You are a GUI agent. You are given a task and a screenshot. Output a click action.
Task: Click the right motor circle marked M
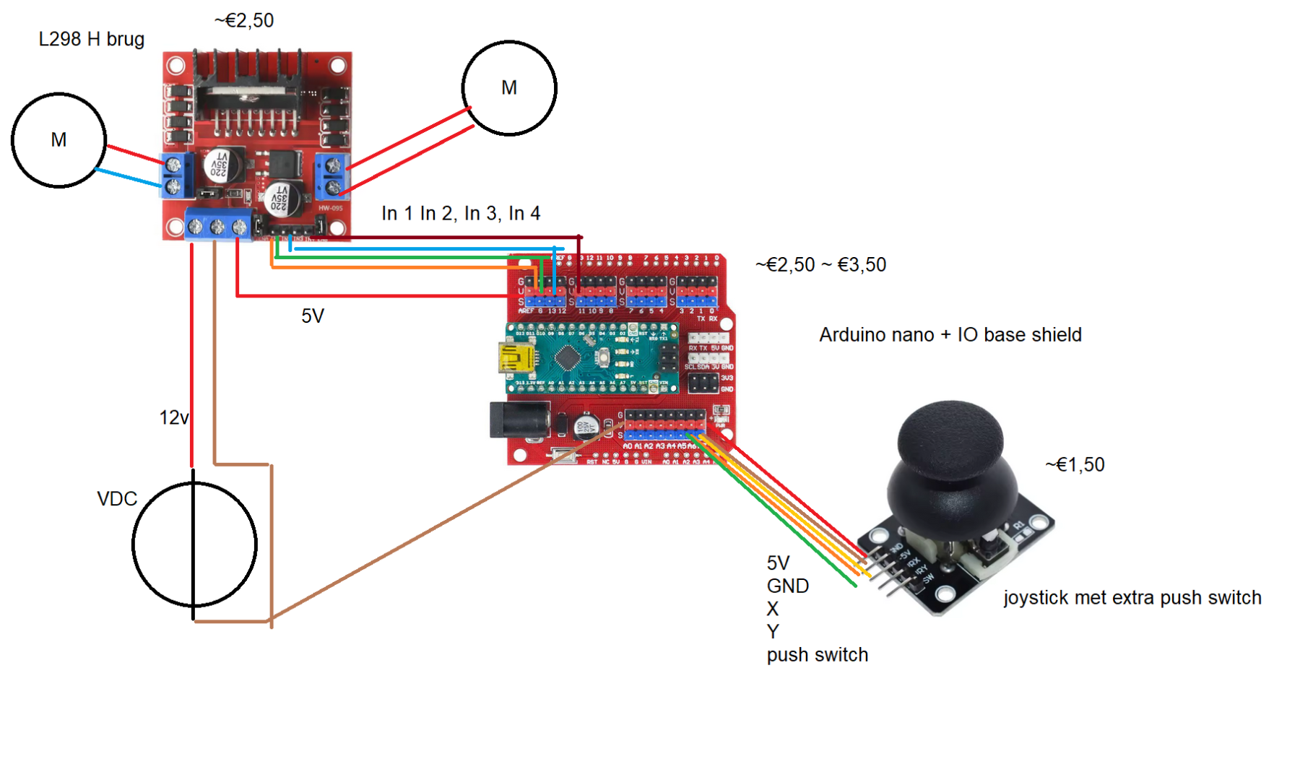tap(509, 88)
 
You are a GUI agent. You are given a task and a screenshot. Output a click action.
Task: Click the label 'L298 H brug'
tap(92, 39)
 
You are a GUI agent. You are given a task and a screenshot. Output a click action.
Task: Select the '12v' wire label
tap(174, 417)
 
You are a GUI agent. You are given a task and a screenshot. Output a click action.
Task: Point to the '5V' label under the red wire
tap(313, 316)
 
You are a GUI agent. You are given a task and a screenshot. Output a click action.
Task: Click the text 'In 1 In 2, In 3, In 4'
tap(461, 213)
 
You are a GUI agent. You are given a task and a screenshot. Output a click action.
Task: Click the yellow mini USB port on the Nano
tap(516, 357)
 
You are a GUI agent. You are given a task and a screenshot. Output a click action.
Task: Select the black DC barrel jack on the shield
tap(519, 420)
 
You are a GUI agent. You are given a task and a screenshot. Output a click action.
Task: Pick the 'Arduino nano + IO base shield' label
tap(950, 335)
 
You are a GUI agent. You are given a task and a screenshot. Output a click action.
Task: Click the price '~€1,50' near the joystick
tap(1075, 464)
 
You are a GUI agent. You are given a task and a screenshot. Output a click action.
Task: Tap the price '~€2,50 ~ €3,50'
tap(820, 265)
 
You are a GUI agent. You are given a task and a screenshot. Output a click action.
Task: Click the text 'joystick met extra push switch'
tap(1132, 598)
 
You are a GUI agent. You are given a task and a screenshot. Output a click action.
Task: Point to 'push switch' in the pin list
tap(817, 655)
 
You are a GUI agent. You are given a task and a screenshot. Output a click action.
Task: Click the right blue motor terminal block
tap(332, 175)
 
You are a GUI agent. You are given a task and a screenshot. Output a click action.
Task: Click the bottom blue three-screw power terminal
tap(217, 226)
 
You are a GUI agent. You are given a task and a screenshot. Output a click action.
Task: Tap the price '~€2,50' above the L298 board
tap(244, 20)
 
